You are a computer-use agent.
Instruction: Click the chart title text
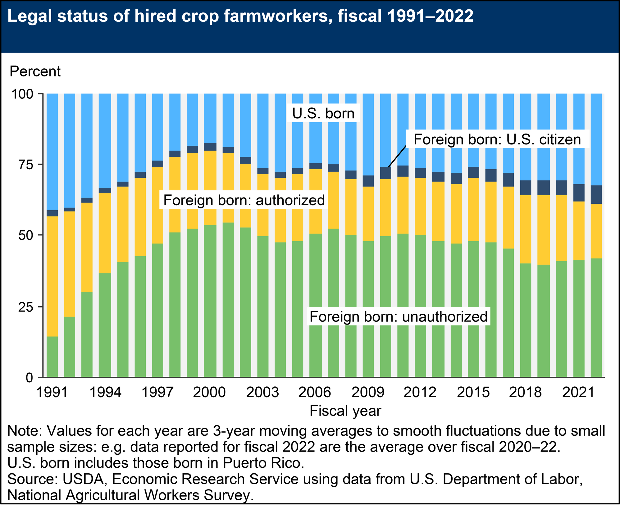click(x=240, y=16)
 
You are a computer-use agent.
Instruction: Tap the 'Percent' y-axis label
click(x=35, y=71)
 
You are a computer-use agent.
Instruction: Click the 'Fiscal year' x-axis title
click(x=345, y=411)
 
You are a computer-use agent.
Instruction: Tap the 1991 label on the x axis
click(x=52, y=393)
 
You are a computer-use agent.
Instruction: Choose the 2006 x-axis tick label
click(x=314, y=393)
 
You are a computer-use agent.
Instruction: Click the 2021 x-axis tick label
click(x=578, y=393)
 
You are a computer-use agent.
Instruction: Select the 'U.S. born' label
click(x=323, y=113)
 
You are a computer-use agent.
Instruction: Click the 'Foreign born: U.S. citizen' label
click(x=497, y=139)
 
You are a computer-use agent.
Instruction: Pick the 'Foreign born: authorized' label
click(x=244, y=200)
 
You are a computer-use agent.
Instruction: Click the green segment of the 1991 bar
click(x=52, y=357)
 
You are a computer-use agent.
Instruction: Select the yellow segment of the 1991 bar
click(x=52, y=276)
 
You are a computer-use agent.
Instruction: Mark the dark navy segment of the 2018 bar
click(x=526, y=188)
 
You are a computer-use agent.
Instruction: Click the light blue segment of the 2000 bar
click(x=210, y=118)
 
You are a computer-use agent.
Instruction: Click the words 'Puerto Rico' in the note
click(x=263, y=463)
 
